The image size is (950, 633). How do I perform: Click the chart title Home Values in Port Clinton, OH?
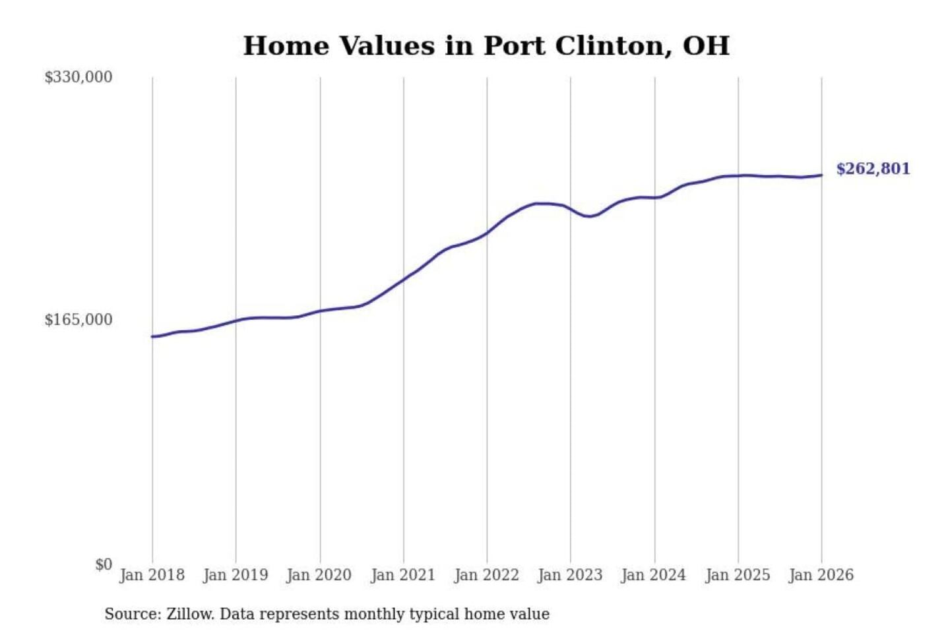(486, 46)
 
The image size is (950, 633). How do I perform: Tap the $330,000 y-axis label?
(79, 77)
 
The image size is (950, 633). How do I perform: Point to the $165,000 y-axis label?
(79, 320)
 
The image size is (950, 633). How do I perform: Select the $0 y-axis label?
(104, 564)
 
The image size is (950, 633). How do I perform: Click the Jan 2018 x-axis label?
(152, 575)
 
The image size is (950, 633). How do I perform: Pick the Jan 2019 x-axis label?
(236, 575)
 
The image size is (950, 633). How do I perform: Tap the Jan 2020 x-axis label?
(319, 575)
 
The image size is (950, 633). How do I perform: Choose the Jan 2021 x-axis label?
(403, 575)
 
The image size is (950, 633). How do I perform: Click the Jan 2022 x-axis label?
(487, 575)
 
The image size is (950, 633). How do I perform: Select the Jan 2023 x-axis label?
(570, 575)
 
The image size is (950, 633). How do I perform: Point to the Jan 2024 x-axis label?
(654, 575)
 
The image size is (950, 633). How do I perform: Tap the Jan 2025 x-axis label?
(738, 575)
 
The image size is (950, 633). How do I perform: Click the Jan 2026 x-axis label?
(821, 575)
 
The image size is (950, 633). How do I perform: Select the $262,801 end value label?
(873, 169)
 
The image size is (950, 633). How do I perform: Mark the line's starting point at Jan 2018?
(152, 336)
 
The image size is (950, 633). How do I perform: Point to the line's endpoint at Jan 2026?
(821, 175)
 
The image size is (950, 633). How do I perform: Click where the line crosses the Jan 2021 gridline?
(404, 279)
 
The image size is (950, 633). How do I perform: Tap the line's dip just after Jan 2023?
(590, 216)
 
